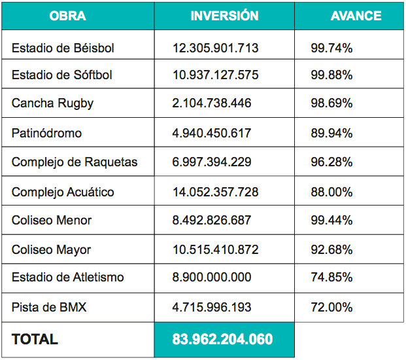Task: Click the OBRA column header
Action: pyautogui.click(x=67, y=16)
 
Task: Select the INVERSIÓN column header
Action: pyautogui.click(x=224, y=16)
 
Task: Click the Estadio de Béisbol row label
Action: pyautogui.click(x=63, y=48)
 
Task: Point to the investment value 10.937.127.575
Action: pyautogui.click(x=215, y=75)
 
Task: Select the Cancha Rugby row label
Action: pyautogui.click(x=52, y=103)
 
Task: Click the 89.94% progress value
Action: pyautogui.click(x=331, y=133)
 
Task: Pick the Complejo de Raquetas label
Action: pyautogui.click(x=75, y=162)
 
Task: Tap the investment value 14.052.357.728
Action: pyautogui.click(x=215, y=192)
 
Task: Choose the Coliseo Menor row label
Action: pyautogui.click(x=52, y=221)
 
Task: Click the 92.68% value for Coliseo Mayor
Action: pyautogui.click(x=331, y=249)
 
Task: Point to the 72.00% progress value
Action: pyautogui.click(x=331, y=307)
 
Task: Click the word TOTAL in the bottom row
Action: pyautogui.click(x=35, y=339)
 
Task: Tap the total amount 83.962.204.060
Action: pyautogui.click(x=222, y=339)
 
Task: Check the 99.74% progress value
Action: pyautogui.click(x=331, y=48)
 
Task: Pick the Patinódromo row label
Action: pyautogui.click(x=47, y=133)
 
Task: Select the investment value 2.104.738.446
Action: pyautogui.click(x=212, y=103)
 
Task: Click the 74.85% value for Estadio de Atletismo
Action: pyautogui.click(x=331, y=278)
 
